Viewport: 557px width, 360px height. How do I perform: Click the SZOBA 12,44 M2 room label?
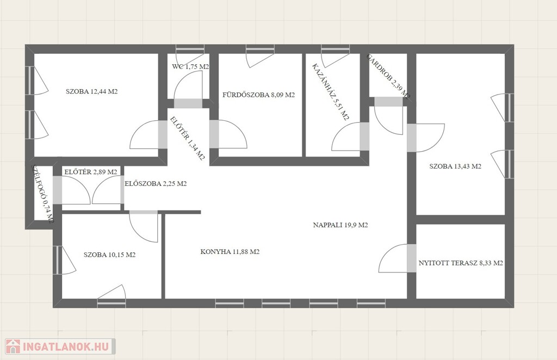[x=91, y=91]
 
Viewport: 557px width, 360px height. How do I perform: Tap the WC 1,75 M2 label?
[x=190, y=66]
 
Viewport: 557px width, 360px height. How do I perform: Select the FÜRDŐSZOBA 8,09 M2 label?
[x=258, y=95]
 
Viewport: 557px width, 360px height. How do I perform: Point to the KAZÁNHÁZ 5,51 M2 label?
[x=331, y=92]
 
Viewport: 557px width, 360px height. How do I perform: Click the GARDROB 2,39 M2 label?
[x=388, y=77]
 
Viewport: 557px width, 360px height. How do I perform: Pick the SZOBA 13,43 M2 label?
[x=455, y=166]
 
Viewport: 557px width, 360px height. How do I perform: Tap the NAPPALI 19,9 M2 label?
[x=341, y=225]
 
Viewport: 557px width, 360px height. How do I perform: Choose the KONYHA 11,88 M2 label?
[x=230, y=252]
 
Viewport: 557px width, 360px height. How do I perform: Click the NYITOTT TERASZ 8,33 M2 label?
[x=461, y=263]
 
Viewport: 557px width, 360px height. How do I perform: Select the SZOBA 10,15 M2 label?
[x=109, y=255]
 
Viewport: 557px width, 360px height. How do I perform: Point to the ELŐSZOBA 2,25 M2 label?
[x=156, y=184]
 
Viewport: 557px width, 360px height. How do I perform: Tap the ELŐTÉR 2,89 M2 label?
[x=91, y=172]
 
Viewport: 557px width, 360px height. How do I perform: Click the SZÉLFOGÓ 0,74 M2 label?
[x=42, y=194]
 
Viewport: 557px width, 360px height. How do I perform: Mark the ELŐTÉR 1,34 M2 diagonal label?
[x=188, y=139]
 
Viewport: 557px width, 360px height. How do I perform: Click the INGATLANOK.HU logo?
[x=60, y=346]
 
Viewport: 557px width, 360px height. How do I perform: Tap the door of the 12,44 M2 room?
[x=145, y=134]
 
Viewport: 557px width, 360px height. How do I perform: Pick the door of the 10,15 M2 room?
[x=144, y=226]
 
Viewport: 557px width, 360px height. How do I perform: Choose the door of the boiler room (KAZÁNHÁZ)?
[x=346, y=136]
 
